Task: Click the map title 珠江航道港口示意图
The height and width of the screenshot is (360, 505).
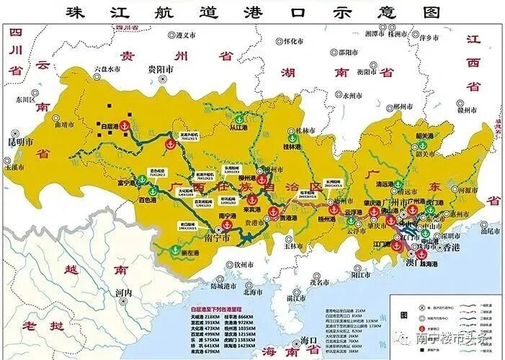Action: point(251,12)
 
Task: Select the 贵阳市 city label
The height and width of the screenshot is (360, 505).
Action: point(160,69)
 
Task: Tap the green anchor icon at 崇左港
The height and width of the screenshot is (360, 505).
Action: point(176,249)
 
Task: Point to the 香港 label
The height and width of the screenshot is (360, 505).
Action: point(450,247)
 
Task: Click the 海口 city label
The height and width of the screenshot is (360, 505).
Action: point(309,339)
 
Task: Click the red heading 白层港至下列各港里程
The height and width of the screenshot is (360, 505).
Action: point(209,307)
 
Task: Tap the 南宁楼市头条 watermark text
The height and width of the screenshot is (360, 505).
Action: point(453,337)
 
